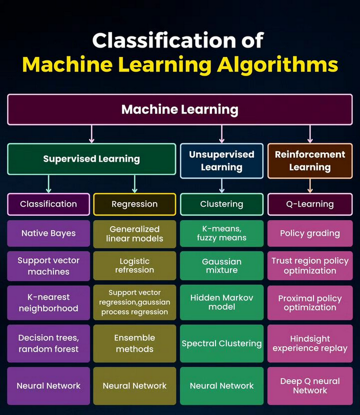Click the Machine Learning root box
coord(180,110)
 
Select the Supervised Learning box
coord(92,159)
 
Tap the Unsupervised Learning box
coord(222,161)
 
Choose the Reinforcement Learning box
coord(310,161)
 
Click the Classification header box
coord(49,204)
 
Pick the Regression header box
coord(135,204)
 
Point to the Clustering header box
coord(222,204)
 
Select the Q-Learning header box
coord(310,204)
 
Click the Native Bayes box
coord(49,234)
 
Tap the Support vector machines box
coord(49,265)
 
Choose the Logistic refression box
coord(135,265)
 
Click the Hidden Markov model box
coord(222,302)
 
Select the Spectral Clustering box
coord(222,343)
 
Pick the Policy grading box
coord(310,234)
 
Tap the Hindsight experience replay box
coord(310,343)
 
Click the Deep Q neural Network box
coord(310,386)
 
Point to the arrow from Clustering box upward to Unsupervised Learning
coord(222,185)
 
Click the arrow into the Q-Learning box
coord(310,185)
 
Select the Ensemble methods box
coord(135,343)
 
